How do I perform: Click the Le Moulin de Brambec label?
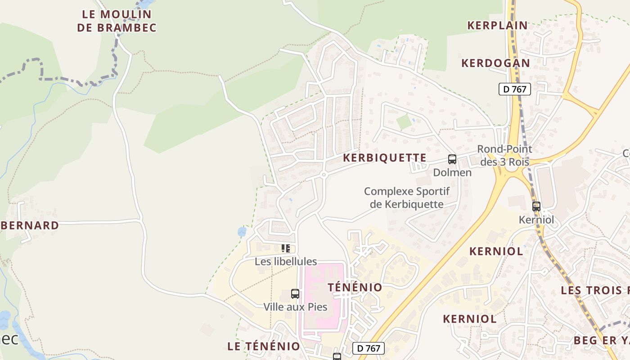pos(117,21)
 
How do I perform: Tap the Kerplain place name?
pos(497,25)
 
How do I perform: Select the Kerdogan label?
pos(495,63)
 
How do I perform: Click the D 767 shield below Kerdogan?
pos(515,89)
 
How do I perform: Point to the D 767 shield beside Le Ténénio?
pos(369,348)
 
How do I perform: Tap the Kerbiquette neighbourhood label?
pos(384,157)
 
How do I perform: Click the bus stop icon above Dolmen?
pos(452,159)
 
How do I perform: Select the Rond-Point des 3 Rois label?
pos(504,155)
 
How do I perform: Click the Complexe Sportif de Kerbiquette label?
pos(406,198)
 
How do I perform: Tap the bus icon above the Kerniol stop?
pos(536,207)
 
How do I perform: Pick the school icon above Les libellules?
pos(285,248)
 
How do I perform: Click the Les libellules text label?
pos(286,261)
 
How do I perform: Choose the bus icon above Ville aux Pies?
pos(295,294)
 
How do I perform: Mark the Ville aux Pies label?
pos(295,307)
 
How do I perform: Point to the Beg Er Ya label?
pos(601,340)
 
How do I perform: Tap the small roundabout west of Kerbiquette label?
pos(324,175)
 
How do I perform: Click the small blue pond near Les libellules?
pos(242,232)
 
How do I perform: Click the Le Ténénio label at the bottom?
pos(264,346)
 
